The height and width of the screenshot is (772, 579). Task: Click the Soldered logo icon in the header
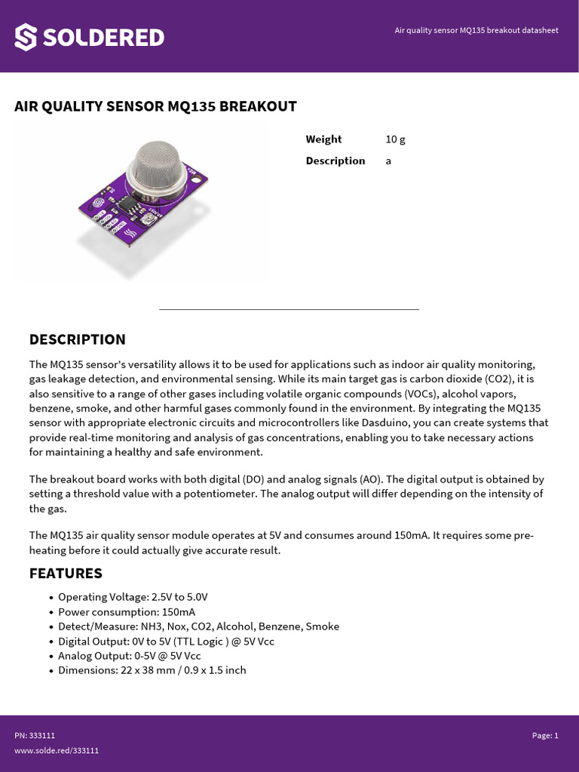point(26,37)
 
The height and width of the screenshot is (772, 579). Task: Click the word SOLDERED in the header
point(103,37)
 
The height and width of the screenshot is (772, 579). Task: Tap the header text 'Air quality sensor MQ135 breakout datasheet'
point(476,30)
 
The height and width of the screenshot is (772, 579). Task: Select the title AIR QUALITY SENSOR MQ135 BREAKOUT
point(155,106)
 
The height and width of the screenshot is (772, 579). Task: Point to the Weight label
point(323,139)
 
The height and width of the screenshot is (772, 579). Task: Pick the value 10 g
point(395,139)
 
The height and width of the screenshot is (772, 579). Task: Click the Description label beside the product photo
point(335,161)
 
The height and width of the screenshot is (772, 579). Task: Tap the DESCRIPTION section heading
point(77,339)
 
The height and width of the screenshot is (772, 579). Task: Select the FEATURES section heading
point(66,573)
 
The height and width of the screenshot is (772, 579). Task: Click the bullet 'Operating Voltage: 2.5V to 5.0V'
point(133,597)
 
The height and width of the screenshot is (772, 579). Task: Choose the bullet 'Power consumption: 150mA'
point(126,612)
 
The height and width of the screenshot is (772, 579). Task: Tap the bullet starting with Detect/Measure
point(198,626)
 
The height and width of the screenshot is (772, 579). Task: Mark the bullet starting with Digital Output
point(164,641)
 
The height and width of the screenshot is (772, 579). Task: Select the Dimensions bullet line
point(152,670)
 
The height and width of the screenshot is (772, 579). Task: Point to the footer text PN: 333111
point(35,736)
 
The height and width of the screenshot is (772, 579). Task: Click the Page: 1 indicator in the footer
point(545,736)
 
